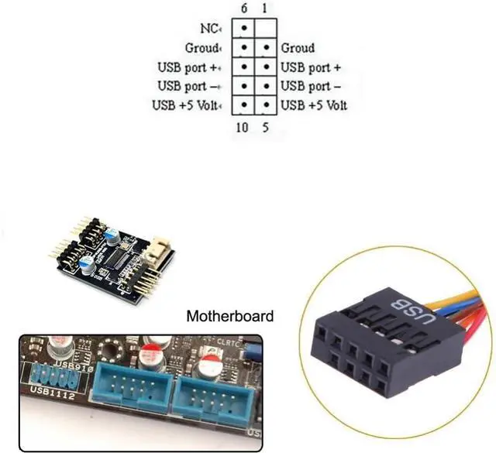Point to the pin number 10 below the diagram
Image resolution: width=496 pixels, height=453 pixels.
tap(242, 127)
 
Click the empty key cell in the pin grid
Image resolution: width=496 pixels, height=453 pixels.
tap(266, 29)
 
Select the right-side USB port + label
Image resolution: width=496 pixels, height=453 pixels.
tap(311, 67)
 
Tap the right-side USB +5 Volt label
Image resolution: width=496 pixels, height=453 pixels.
tap(314, 105)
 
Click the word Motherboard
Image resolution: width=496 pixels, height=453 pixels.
tap(230, 316)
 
